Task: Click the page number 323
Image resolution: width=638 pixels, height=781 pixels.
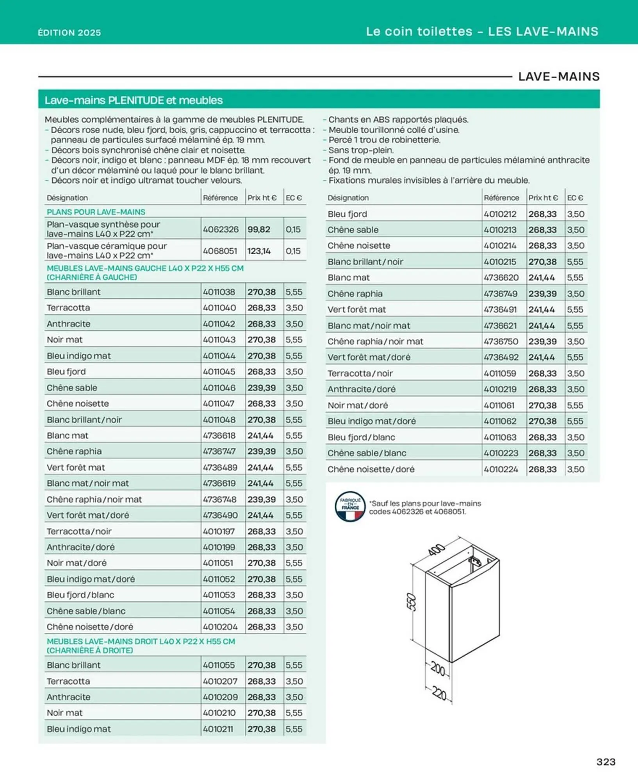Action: point(606,761)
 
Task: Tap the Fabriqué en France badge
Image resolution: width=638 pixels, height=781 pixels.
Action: point(350,506)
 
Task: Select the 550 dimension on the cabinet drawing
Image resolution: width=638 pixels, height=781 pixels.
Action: point(412,602)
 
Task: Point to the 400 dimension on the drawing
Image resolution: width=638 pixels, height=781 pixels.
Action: point(437,549)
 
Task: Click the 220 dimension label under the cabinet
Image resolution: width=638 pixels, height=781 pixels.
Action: point(439,694)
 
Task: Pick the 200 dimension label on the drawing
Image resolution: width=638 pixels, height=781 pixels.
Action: point(438,669)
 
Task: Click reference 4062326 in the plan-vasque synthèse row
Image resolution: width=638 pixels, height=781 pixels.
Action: point(221,229)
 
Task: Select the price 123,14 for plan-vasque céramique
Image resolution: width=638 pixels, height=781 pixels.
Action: point(259,251)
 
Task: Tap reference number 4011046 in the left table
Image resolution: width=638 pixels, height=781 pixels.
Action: point(219,388)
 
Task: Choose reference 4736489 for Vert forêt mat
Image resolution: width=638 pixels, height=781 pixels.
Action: point(220,467)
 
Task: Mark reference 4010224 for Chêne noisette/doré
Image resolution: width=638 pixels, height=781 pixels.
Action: point(501,469)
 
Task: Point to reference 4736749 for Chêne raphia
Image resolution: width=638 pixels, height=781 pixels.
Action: point(501,294)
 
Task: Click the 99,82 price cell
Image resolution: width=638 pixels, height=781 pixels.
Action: point(259,229)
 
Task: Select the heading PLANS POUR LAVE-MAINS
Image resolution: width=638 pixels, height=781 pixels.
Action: point(96,212)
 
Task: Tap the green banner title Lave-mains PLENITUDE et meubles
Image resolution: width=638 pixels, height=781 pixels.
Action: point(134,100)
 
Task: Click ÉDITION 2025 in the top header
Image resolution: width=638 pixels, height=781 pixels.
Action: point(70,33)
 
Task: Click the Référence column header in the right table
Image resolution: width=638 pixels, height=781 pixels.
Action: point(501,198)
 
